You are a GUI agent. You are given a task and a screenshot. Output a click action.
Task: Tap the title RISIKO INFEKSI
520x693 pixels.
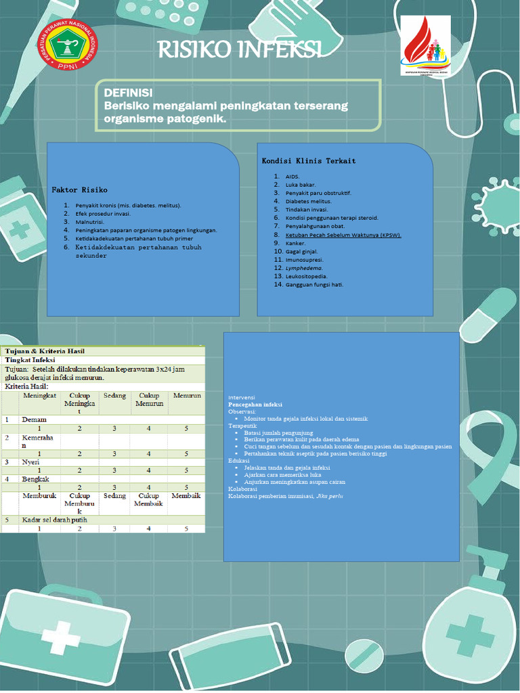point(239,49)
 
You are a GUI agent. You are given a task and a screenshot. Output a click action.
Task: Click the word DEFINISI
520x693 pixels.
point(128,93)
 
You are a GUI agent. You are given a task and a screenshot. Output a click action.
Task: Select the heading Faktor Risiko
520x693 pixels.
point(80,189)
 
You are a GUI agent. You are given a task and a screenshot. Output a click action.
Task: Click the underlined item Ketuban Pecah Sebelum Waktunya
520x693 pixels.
point(343,235)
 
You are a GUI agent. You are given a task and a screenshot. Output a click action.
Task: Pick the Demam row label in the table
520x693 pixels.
point(34,420)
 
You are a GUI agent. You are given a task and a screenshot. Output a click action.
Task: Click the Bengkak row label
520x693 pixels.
point(37,478)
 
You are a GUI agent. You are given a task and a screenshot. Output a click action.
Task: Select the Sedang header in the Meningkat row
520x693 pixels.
point(114,396)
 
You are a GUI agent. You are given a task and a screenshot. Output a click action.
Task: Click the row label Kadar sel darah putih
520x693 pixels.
point(58,520)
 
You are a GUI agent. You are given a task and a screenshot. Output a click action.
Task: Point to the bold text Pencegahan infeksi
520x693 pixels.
point(255,404)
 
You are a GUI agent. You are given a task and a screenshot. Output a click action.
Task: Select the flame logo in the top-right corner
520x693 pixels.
point(425,45)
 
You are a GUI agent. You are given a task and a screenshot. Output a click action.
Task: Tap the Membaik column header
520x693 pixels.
point(186,496)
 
